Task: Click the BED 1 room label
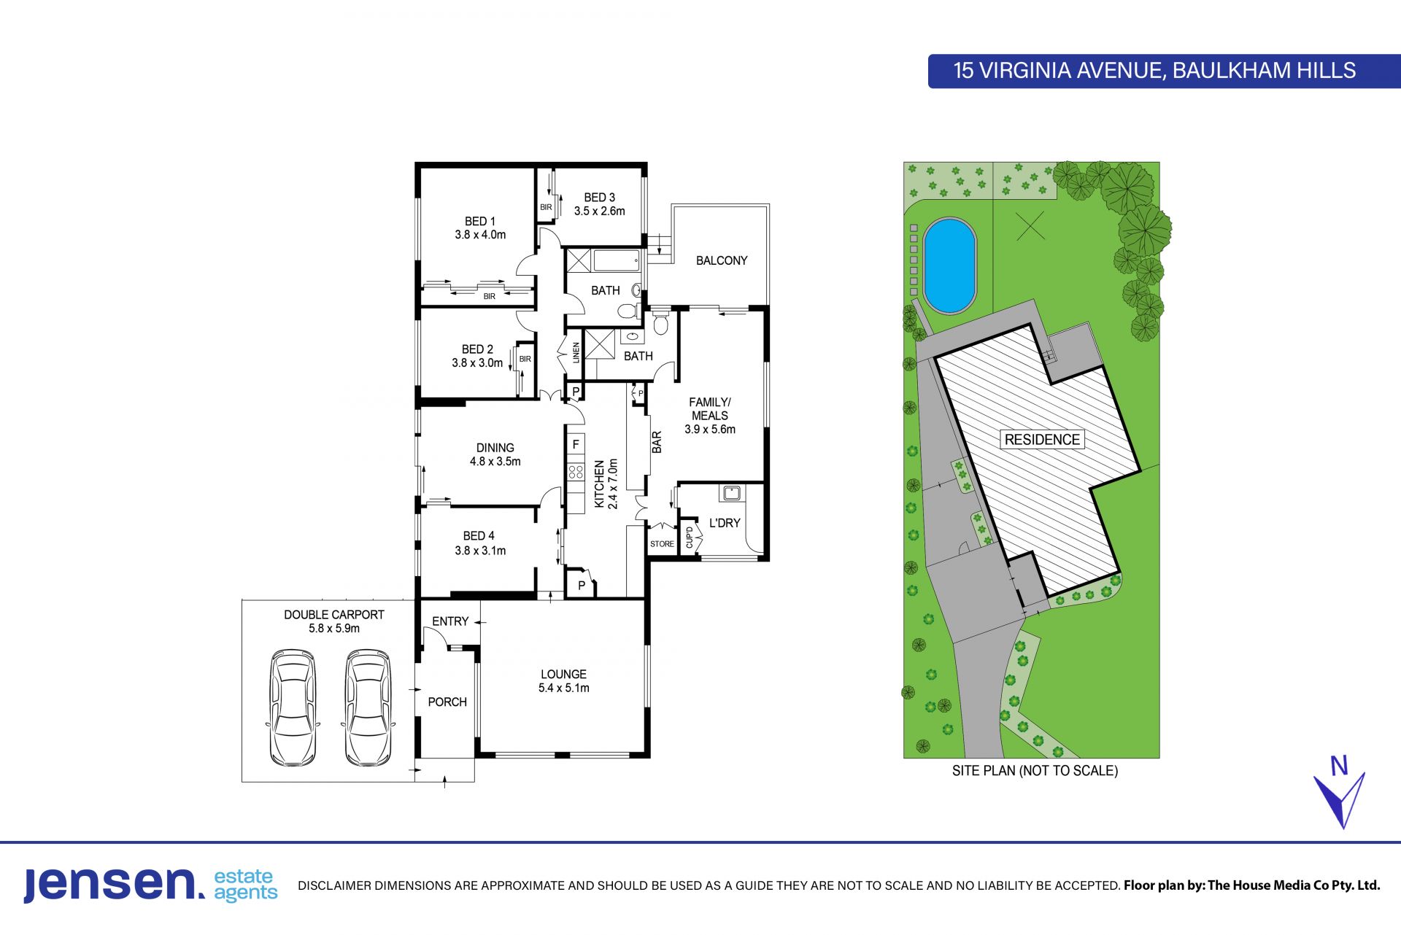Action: [479, 221]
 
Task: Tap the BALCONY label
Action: [722, 260]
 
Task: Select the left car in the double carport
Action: [293, 708]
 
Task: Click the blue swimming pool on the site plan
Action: [949, 265]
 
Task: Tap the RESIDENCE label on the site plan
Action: [1042, 440]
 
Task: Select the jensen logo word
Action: [115, 885]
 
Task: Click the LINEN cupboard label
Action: [576, 352]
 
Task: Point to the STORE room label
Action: [662, 544]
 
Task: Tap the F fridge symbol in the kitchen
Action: [576, 444]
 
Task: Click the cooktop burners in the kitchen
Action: [576, 471]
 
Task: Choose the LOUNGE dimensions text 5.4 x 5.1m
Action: [564, 688]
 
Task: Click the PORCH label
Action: [447, 702]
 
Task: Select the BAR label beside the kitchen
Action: [657, 442]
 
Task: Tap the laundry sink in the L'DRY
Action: [730, 493]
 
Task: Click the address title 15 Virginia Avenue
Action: [1154, 71]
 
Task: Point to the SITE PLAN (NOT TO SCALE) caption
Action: [1035, 770]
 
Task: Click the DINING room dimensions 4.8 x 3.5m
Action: [495, 462]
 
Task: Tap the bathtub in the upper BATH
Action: [617, 260]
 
